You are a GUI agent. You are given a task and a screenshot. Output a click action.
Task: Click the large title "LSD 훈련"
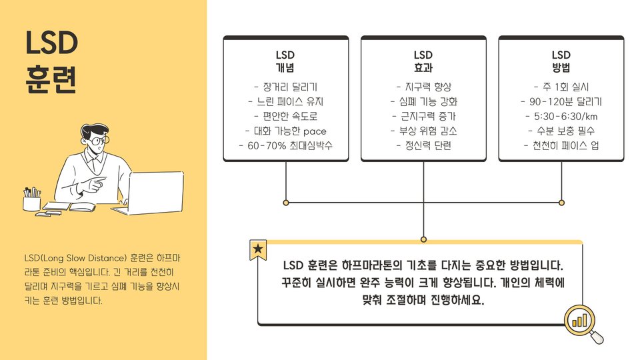tap(52, 62)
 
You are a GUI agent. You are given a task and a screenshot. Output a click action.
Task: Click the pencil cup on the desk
tap(31, 200)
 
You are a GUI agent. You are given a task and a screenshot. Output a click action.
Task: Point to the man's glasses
tap(98, 141)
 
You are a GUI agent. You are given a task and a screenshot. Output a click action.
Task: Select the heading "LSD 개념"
tap(285, 61)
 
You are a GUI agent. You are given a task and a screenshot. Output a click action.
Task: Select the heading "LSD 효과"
tap(423, 61)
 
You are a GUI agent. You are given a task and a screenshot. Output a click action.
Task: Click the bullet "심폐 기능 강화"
tap(423, 101)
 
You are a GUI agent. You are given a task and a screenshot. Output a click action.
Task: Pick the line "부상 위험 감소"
tap(423, 131)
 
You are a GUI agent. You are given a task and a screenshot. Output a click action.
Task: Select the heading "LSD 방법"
tap(561, 61)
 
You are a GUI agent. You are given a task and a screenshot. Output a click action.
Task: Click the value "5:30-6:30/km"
tap(561, 116)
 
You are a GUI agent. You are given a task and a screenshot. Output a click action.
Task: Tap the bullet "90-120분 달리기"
tap(561, 101)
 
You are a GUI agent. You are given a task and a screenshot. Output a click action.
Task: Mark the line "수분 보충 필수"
tap(561, 131)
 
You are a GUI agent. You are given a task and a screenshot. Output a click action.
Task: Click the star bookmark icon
tap(258, 251)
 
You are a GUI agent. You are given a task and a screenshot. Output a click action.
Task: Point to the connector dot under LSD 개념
tap(286, 202)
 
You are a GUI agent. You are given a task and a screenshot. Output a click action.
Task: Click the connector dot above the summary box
tap(423, 239)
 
